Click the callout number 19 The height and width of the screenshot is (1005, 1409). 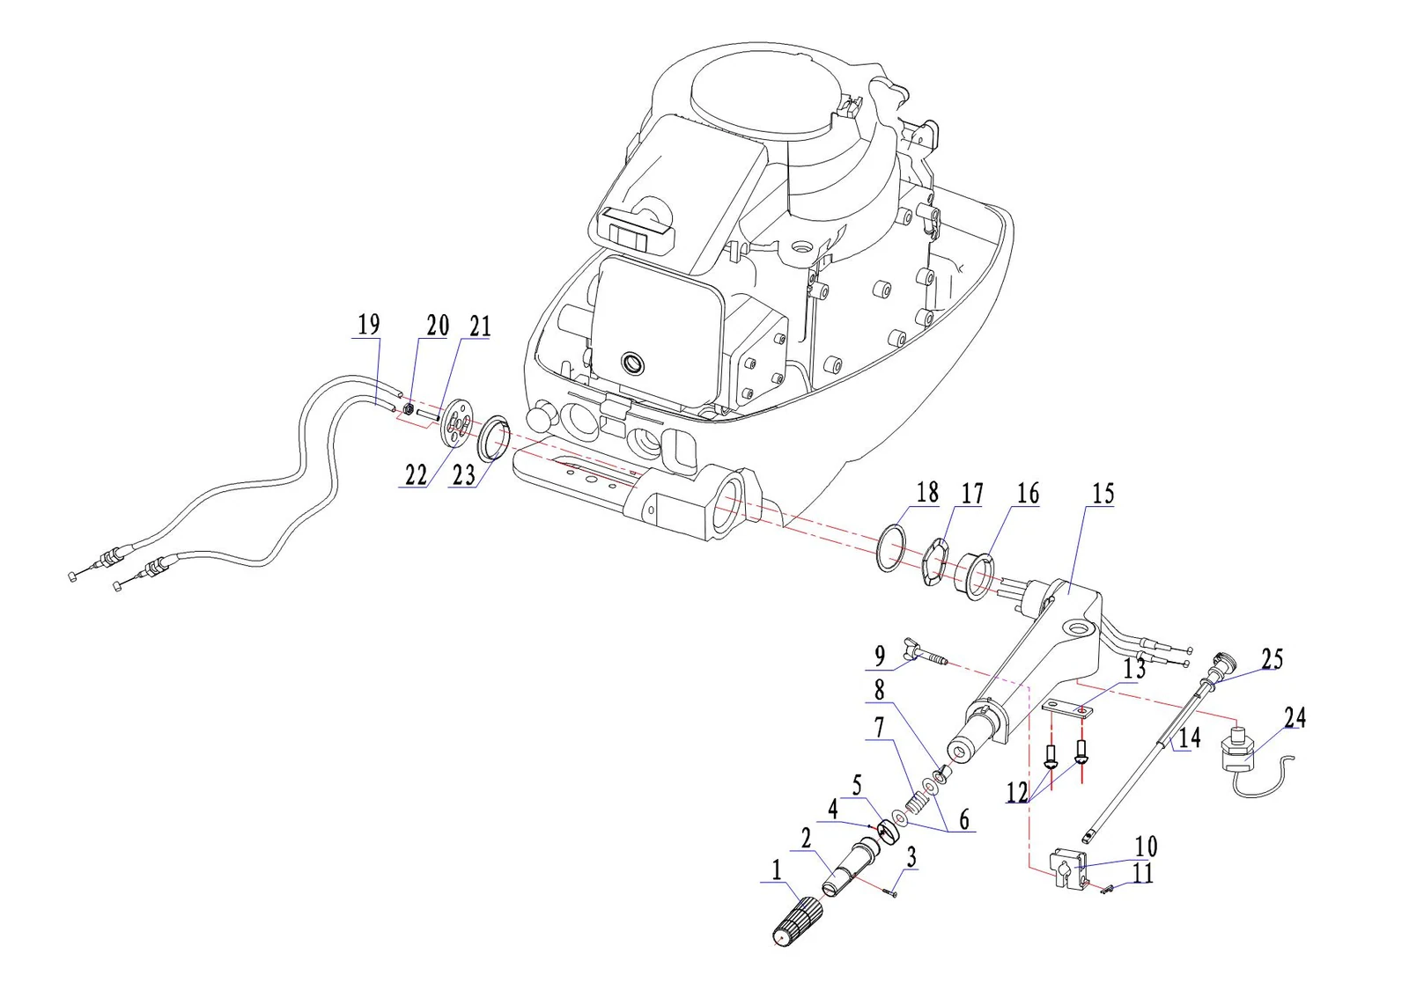coord(369,325)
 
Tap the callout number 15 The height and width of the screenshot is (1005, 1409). coord(1103,494)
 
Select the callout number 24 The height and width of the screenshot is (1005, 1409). coord(1295,717)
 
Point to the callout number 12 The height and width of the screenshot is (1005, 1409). coord(1017,792)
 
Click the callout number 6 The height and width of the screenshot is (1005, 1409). coord(964,819)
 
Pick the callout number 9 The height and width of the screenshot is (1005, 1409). coord(880,657)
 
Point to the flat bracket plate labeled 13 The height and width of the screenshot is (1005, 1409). coord(1067,710)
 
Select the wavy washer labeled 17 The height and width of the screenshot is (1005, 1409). coord(933,561)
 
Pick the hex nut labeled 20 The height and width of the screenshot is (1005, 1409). coord(407,410)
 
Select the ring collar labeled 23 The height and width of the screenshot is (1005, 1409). coord(493,437)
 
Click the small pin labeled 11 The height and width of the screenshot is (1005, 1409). coord(1108,888)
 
